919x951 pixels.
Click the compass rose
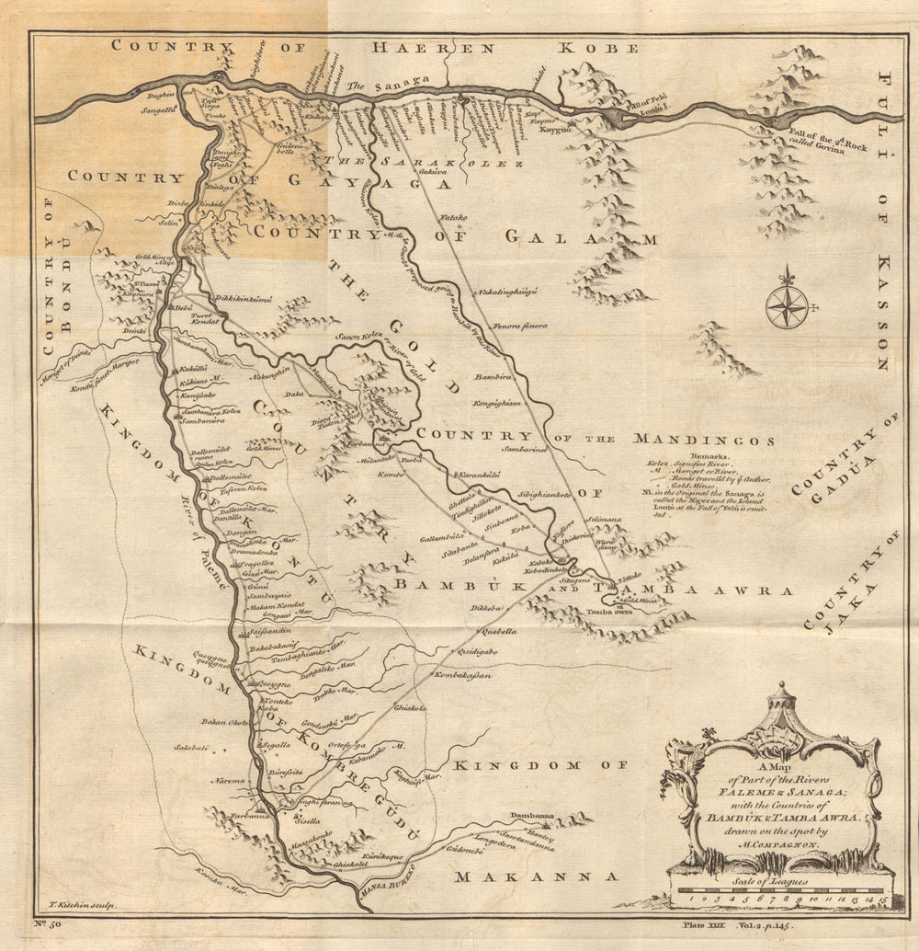point(787,306)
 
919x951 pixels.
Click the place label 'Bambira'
point(492,377)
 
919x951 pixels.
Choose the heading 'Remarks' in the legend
point(707,455)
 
